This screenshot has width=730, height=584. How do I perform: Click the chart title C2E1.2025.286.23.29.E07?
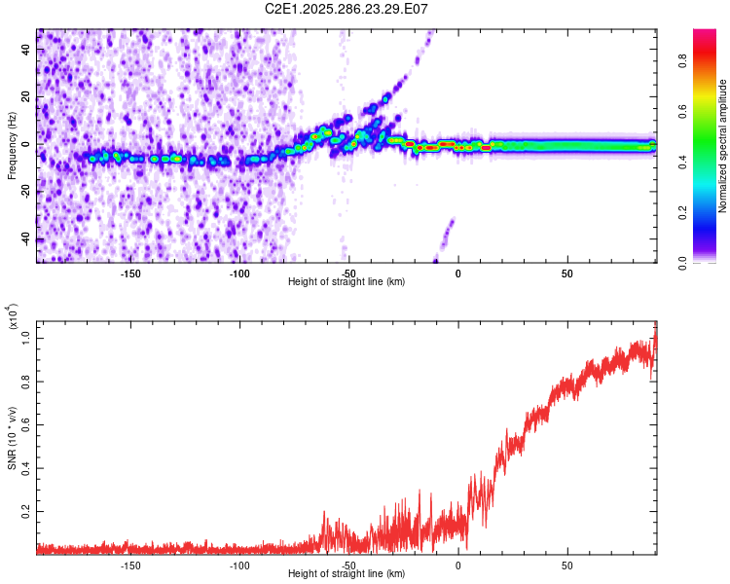coord(347,9)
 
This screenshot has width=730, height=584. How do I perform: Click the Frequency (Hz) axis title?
coord(12,145)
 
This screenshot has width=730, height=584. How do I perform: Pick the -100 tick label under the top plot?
coord(239,274)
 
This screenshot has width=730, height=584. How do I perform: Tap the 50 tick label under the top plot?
coord(566,274)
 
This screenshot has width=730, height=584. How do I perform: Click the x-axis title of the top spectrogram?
coord(347,281)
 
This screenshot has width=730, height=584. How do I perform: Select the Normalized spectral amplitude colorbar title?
coord(723,145)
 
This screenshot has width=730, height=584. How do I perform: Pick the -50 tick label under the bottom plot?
coord(348,566)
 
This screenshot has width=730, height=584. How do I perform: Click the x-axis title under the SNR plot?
coord(347,573)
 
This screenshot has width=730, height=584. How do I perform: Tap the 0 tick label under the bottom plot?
coord(457,566)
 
